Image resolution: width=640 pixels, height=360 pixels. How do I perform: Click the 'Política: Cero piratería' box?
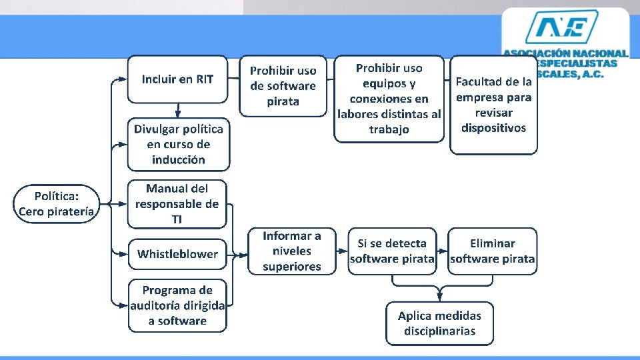coord(57,204)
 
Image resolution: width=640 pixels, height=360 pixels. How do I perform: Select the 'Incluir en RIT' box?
coord(177,79)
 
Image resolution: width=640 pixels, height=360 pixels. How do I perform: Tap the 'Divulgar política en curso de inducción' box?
coord(178,144)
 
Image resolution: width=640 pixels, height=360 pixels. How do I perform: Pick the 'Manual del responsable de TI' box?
coord(177,204)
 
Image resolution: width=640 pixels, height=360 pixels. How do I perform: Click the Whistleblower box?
coord(177,254)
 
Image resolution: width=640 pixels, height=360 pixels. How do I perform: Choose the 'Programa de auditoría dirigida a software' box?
coord(177,305)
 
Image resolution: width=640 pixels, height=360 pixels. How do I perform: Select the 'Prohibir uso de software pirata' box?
coord(283,86)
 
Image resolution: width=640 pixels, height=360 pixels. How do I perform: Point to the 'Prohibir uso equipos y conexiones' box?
coord(389,99)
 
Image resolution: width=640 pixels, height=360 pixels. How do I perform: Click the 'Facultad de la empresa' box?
coord(493,105)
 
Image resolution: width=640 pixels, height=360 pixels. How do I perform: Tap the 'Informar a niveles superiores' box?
coord(292,251)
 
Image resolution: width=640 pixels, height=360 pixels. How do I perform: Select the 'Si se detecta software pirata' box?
coord(392,251)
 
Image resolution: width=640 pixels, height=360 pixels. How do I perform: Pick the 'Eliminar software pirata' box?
coord(493,251)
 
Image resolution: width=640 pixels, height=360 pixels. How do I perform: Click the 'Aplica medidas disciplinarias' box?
coord(439,323)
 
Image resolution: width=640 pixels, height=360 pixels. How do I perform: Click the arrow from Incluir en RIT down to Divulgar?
coord(178,110)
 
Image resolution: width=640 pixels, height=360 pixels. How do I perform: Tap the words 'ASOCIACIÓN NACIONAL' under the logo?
coord(565,53)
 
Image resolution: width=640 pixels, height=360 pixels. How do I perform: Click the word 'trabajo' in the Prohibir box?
coord(389,129)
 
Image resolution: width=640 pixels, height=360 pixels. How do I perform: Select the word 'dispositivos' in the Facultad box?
coord(493,128)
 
